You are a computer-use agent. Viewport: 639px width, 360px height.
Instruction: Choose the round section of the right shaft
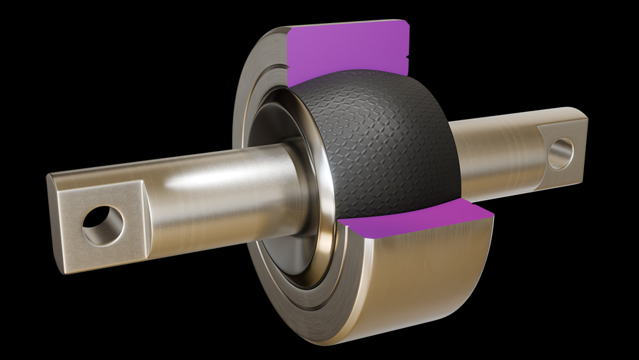pos(492,153)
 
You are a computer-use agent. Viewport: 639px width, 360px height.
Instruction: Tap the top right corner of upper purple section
pos(404,24)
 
